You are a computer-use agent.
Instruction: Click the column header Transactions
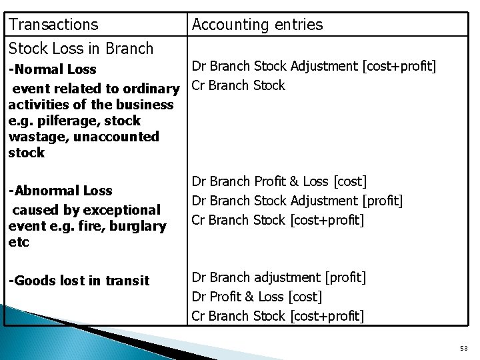point(53,25)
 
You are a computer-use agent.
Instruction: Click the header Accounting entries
point(257,25)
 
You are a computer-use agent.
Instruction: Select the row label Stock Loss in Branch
point(81,48)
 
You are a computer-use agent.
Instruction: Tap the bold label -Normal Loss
point(53,69)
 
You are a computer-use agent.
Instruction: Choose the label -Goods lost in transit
point(79,281)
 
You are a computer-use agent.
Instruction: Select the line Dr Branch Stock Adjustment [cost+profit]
point(314,66)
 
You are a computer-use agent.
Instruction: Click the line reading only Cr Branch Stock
point(238,85)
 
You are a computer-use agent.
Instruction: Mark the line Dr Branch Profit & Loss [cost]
point(279,181)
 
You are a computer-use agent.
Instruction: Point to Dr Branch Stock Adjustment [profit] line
point(297,200)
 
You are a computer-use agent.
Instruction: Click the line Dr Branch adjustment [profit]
point(279,277)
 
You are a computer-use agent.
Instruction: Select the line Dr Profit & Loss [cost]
point(257,296)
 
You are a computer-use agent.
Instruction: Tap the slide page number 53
point(463,348)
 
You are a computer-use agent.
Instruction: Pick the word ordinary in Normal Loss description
point(151,88)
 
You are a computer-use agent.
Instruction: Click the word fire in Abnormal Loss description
point(96,226)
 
